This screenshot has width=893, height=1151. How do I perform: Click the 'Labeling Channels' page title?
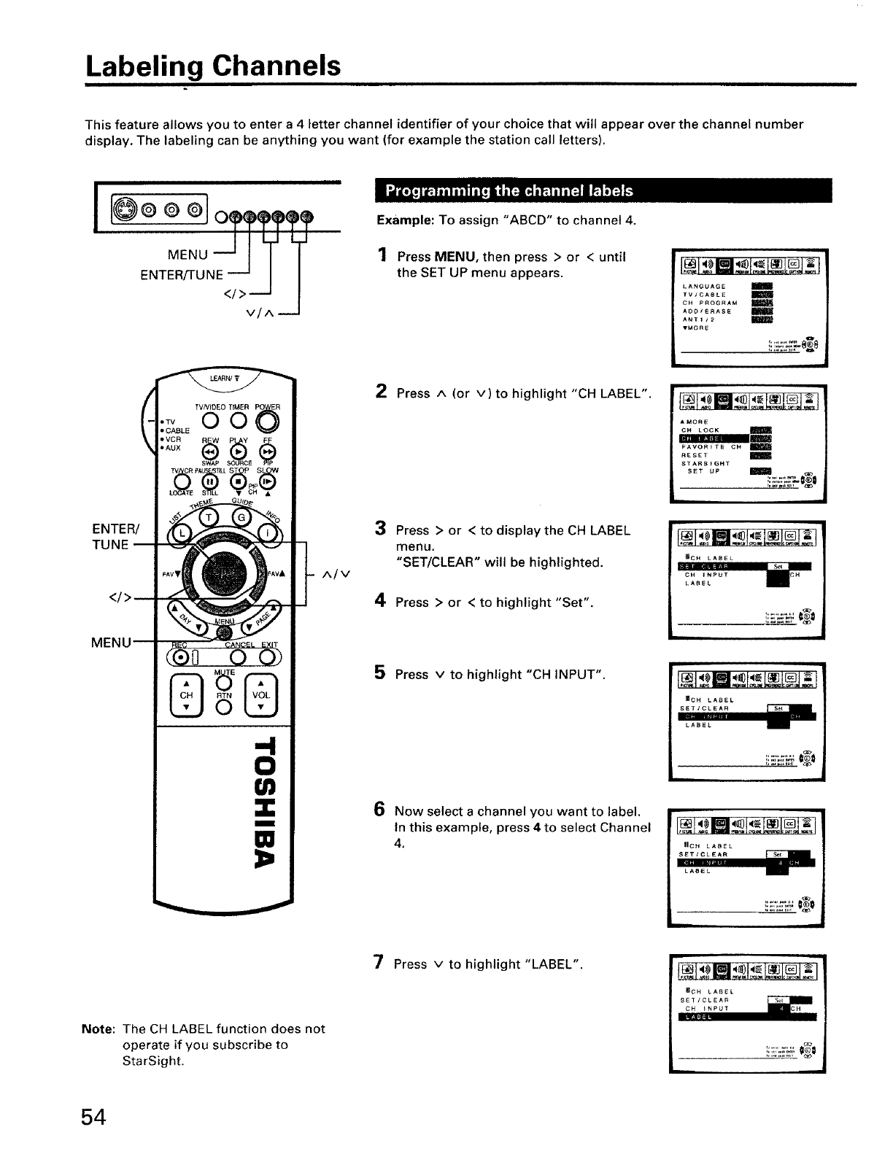coord(213,66)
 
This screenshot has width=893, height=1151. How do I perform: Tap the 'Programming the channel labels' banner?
coord(509,191)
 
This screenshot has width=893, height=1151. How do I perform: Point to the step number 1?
coord(382,255)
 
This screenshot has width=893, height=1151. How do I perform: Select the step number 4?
coord(380,601)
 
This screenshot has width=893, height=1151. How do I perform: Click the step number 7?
coord(379,963)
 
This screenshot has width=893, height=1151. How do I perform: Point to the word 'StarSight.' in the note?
coord(153,1061)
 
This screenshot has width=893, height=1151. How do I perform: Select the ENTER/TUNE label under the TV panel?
coord(182,274)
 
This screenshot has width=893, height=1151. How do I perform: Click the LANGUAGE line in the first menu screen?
coord(703,286)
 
